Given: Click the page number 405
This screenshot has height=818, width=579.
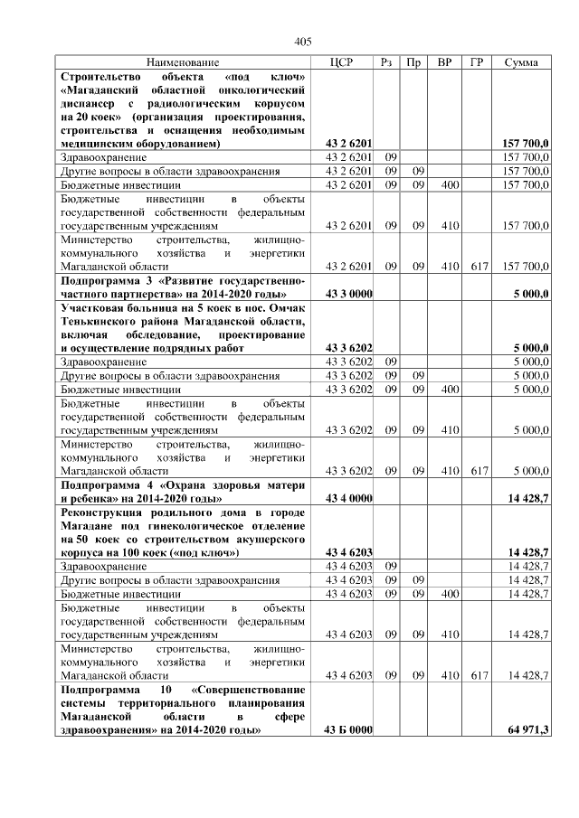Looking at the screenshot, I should [303, 42].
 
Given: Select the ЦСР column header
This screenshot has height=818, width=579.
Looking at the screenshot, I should [348, 62].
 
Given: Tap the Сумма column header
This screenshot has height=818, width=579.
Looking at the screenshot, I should [522, 62].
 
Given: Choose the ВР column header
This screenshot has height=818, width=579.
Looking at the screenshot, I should [445, 62].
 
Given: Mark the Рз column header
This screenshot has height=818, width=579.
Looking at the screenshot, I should [386, 62].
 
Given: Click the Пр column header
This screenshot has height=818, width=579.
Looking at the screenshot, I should [414, 62].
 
